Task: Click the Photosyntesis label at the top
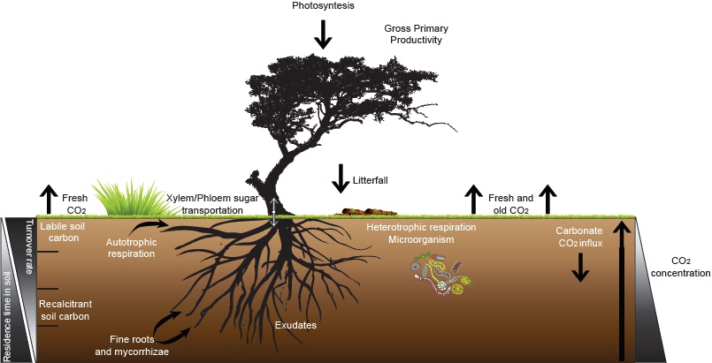[x=323, y=6]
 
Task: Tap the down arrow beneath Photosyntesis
[x=323, y=33]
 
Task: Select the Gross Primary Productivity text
[x=413, y=34]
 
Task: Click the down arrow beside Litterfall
[x=341, y=178]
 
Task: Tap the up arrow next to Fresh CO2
[x=48, y=198]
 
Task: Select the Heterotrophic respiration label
[x=422, y=227]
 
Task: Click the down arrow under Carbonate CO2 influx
[x=579, y=267]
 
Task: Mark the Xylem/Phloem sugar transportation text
[x=205, y=205]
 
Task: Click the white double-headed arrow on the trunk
[x=274, y=213]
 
